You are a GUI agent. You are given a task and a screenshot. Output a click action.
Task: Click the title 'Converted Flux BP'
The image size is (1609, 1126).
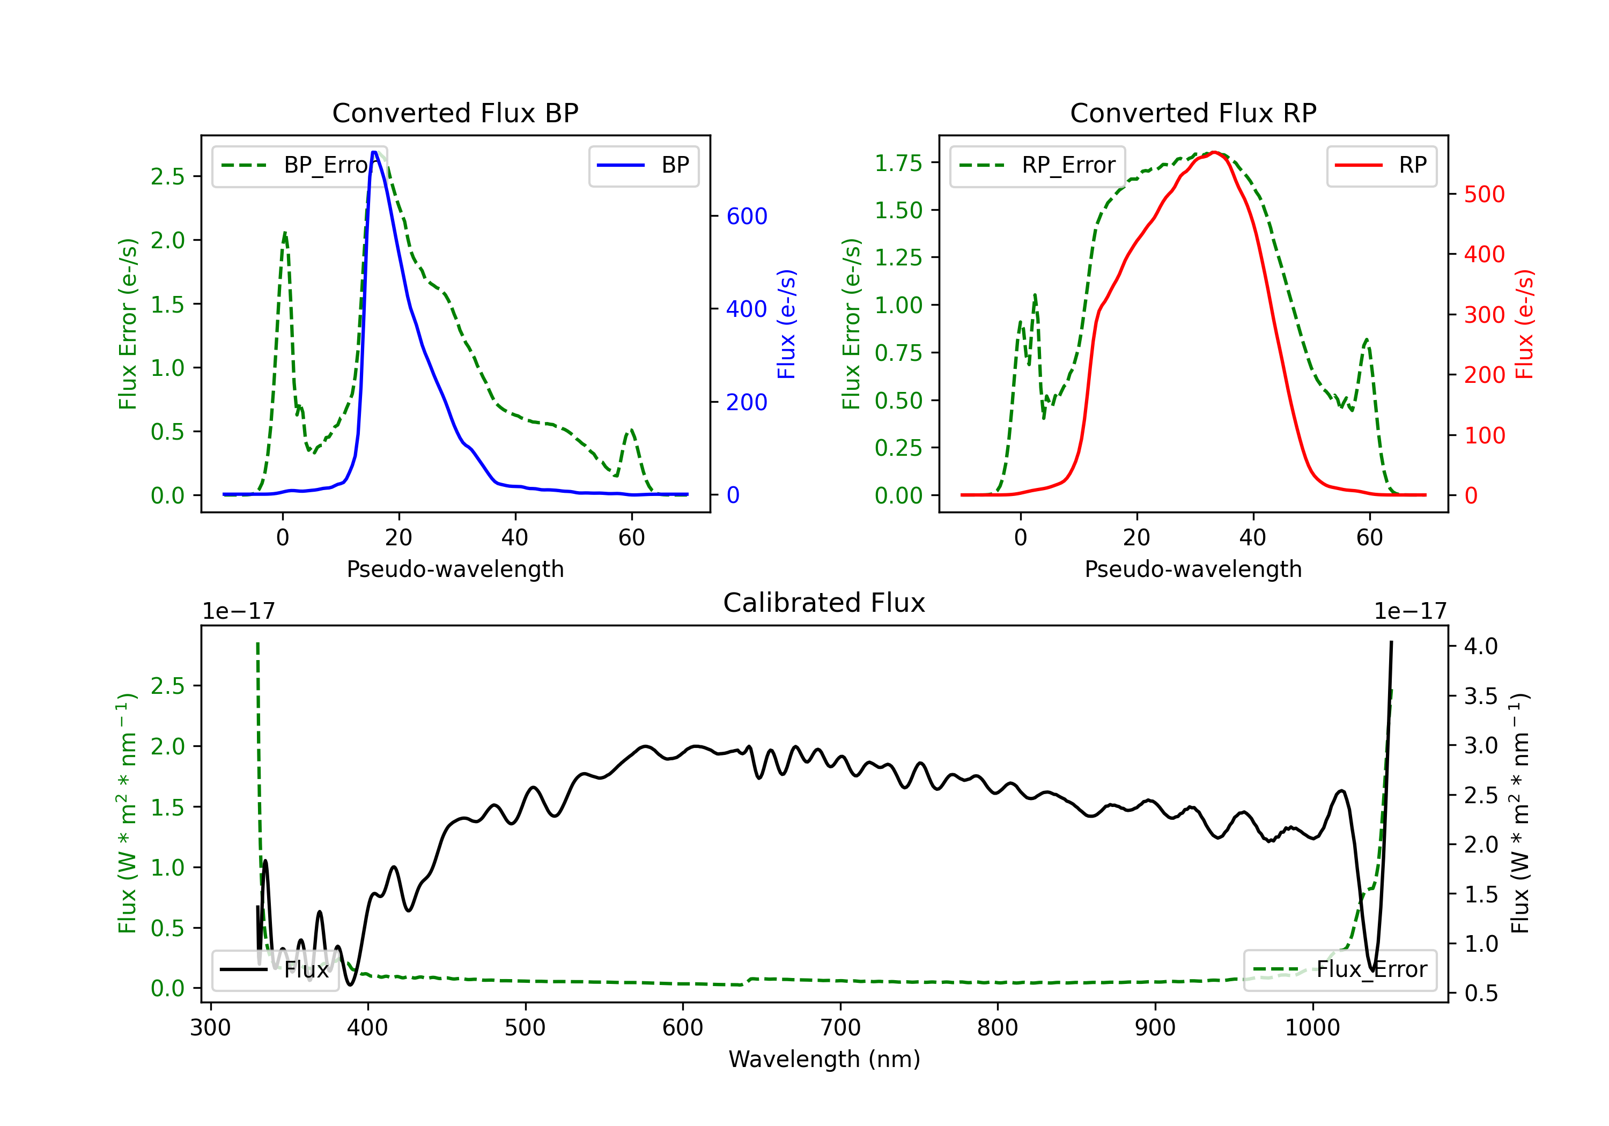click(455, 113)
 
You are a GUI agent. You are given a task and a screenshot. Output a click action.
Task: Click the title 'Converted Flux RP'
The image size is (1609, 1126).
click(1193, 113)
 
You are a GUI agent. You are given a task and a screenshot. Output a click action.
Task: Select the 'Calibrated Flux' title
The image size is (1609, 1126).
click(824, 603)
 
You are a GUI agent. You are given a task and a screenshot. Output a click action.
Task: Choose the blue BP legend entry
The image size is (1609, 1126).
click(643, 165)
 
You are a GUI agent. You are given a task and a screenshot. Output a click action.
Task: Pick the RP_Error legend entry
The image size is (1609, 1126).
click(1037, 165)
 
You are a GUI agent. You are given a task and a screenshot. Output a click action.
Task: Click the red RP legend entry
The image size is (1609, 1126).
click(1381, 165)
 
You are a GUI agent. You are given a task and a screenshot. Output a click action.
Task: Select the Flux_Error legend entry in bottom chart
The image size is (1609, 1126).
click(1340, 970)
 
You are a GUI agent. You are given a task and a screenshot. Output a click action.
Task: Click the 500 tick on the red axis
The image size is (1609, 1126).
click(1484, 194)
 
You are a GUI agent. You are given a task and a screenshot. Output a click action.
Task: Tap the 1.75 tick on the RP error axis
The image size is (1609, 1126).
click(898, 163)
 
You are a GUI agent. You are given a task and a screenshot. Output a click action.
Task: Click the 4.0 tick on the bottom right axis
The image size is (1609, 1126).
click(1481, 646)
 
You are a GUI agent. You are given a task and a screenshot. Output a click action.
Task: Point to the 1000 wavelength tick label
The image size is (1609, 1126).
click(1312, 1028)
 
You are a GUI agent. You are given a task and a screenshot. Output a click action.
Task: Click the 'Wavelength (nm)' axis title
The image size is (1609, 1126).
click(824, 1060)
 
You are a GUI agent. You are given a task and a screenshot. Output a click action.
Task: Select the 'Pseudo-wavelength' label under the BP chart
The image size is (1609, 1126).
click(455, 569)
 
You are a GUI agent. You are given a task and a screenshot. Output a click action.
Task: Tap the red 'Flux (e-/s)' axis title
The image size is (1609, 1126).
click(1525, 324)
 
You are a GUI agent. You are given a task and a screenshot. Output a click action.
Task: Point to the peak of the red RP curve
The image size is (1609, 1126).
click(1214, 152)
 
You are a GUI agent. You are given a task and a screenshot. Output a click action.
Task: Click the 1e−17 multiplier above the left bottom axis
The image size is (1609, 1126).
click(238, 612)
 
